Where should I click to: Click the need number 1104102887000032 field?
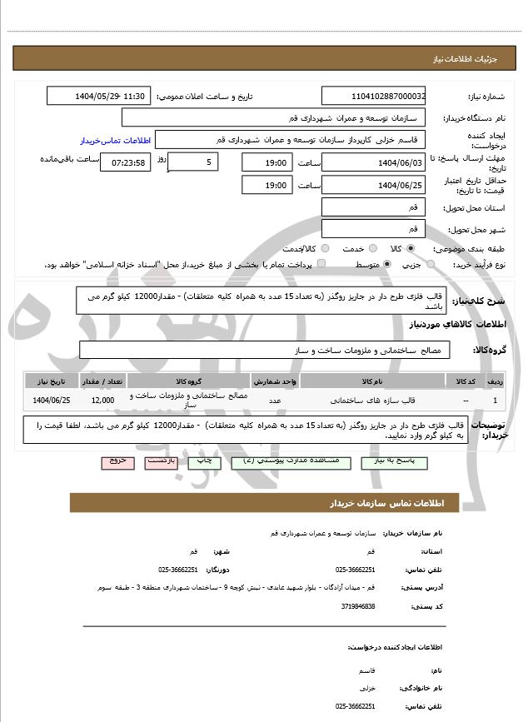tap(374, 97)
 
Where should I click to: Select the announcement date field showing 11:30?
tap(100, 97)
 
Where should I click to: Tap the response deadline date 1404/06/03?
tap(374, 162)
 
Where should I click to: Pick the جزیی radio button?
tap(431, 265)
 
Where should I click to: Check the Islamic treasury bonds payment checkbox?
tap(321, 265)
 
